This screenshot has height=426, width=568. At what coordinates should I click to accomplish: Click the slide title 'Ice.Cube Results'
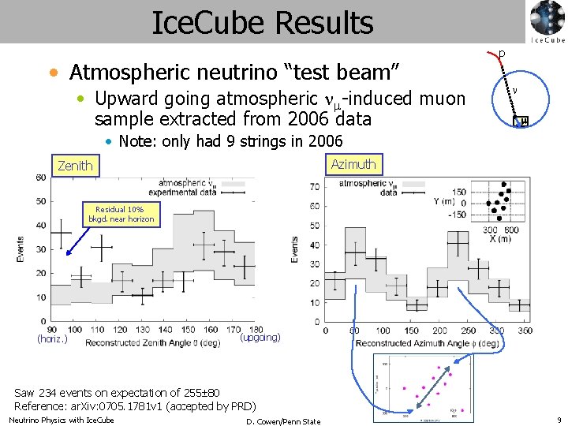click(262, 23)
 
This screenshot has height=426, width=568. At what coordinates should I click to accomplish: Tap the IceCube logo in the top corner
click(547, 21)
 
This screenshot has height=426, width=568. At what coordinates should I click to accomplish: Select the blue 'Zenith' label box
click(75, 166)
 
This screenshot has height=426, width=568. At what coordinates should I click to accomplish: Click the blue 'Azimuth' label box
click(353, 164)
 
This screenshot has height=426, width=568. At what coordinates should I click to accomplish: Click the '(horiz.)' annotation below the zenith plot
click(53, 339)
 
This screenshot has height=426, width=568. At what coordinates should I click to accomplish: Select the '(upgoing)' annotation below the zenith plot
click(260, 337)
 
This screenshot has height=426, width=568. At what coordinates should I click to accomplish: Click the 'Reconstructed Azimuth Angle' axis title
click(427, 343)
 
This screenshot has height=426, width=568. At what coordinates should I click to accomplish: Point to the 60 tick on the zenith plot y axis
click(40, 177)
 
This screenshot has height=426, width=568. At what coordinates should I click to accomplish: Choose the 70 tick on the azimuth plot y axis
click(315, 187)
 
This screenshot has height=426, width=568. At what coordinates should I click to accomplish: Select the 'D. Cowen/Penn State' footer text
click(283, 421)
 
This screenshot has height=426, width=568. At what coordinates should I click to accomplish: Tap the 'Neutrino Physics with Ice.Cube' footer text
click(62, 420)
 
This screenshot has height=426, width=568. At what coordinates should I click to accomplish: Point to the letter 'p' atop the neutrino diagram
click(501, 54)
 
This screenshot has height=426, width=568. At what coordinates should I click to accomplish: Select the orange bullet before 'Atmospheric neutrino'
click(53, 73)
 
